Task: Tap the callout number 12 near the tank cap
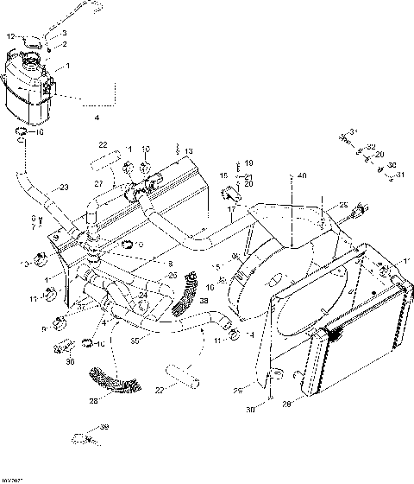[x=11, y=36]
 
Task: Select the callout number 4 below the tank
[x=96, y=116]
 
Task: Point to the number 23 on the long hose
[x=63, y=188]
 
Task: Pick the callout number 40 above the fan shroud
[x=301, y=175]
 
